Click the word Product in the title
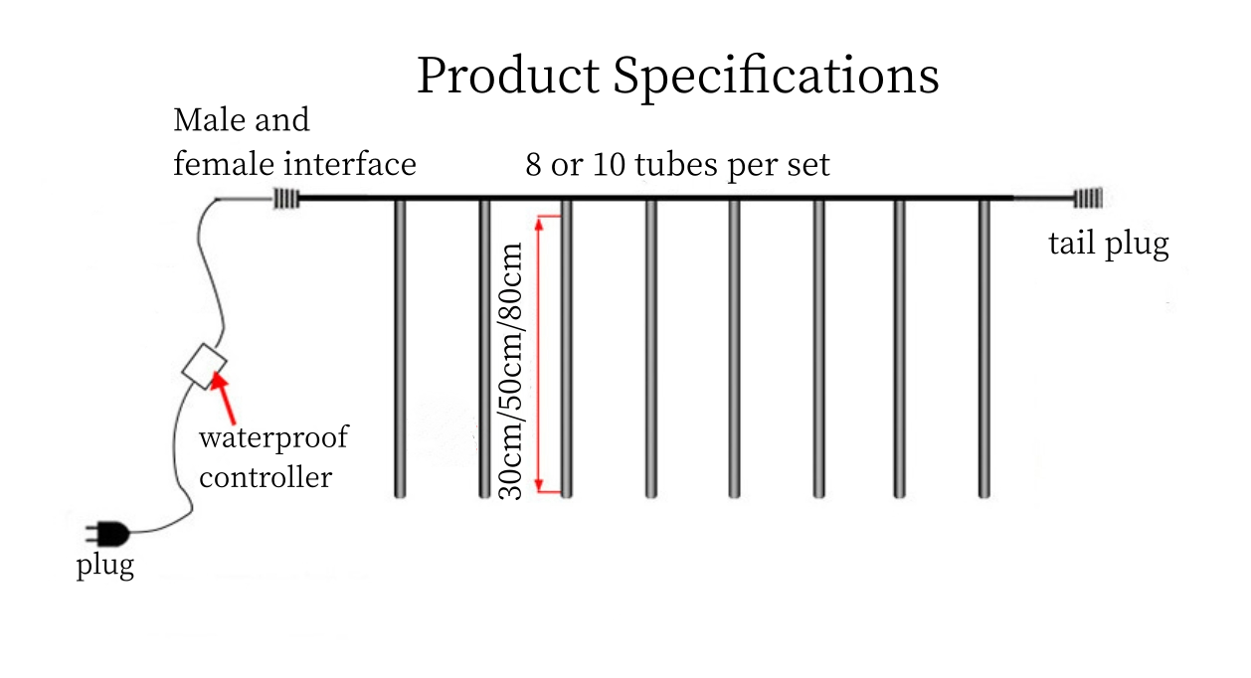tap(507, 77)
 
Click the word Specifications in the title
tap(776, 77)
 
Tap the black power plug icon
tap(108, 534)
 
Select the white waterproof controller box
tap(205, 366)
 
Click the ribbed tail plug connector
tap(1089, 199)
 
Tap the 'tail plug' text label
tap(1108, 244)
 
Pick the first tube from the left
tap(401, 348)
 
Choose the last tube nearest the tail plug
tap(984, 348)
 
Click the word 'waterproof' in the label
tap(273, 437)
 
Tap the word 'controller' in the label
tap(265, 477)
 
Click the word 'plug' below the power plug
tap(104, 568)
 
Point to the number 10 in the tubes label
tap(607, 164)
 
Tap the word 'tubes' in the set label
tap(671, 164)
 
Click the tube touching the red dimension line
tap(566, 348)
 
